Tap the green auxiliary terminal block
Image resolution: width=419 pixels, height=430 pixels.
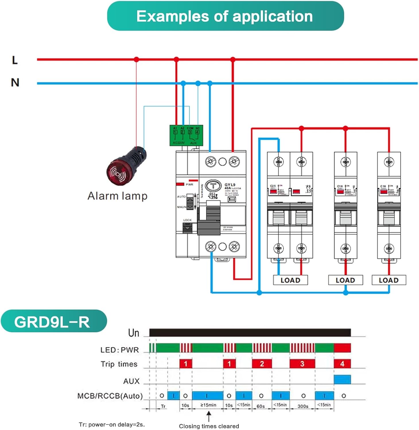(x=186, y=135)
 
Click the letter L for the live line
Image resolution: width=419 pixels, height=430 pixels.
(x=15, y=60)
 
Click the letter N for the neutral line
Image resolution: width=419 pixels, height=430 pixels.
(x=15, y=83)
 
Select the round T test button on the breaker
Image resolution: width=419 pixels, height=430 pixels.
(x=213, y=186)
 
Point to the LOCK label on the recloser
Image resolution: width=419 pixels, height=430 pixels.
(x=187, y=220)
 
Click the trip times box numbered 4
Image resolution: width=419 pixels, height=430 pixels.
(x=342, y=364)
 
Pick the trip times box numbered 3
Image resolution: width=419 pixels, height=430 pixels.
(x=302, y=364)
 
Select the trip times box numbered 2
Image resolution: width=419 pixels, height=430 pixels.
(x=262, y=364)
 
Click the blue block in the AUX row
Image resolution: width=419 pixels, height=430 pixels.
(x=342, y=379)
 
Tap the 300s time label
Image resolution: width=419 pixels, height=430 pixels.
(x=303, y=406)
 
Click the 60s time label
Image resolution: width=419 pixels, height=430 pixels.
(x=261, y=406)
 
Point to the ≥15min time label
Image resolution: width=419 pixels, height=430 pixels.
(x=208, y=405)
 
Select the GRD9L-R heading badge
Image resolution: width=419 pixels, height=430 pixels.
(x=53, y=321)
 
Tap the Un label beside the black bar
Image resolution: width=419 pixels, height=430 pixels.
(x=134, y=333)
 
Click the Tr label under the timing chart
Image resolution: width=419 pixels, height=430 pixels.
(x=163, y=406)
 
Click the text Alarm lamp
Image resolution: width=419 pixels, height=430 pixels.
(x=117, y=196)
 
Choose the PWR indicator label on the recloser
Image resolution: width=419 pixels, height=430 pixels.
(x=189, y=184)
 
